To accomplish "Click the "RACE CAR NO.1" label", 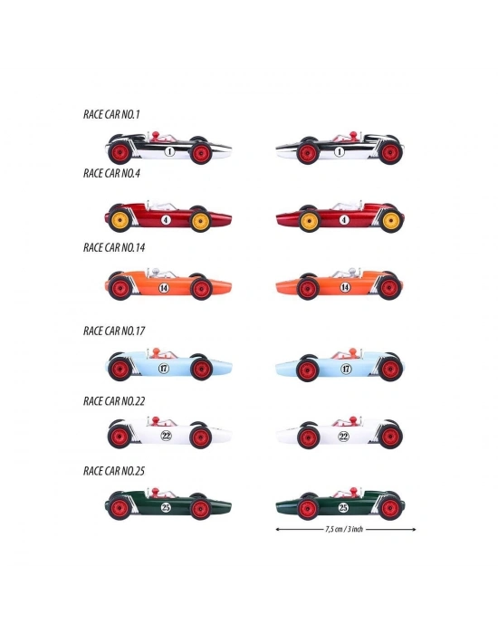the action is (x=111, y=114).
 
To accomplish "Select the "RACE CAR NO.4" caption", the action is (x=111, y=173).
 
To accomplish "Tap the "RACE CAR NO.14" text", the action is (x=114, y=247).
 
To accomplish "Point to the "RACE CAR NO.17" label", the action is (x=114, y=331).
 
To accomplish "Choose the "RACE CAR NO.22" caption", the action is (x=114, y=401).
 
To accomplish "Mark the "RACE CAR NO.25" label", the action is (x=114, y=471).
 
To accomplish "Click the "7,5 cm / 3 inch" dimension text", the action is (x=344, y=529).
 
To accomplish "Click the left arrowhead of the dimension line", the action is (x=277, y=529).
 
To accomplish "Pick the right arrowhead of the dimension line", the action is (x=414, y=529).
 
